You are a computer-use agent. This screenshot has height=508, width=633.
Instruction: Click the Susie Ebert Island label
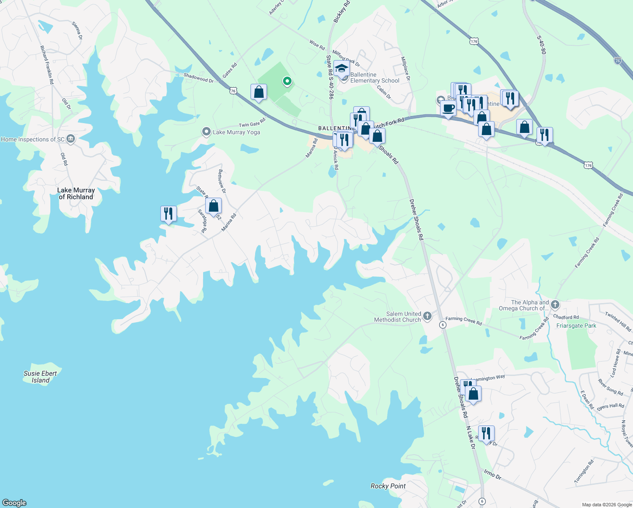pyautogui.click(x=40, y=377)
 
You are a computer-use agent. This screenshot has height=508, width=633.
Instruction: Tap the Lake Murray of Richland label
pyautogui.click(x=76, y=193)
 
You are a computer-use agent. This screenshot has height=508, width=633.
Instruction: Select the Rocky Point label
pyautogui.click(x=388, y=486)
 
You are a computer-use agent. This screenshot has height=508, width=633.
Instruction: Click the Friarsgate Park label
pyautogui.click(x=576, y=326)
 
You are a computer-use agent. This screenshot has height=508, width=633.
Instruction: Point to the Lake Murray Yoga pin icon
pyautogui.click(x=206, y=132)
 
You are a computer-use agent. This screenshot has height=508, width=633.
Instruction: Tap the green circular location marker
pyautogui.click(x=287, y=80)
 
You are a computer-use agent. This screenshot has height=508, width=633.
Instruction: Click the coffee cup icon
pyautogui.click(x=448, y=108)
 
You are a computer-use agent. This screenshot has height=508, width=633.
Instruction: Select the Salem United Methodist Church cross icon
pyautogui.click(x=427, y=315)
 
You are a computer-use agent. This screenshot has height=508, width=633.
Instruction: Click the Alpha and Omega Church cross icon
pyautogui.click(x=555, y=304)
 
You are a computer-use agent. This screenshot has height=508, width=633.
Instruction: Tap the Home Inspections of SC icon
pyautogui.click(x=71, y=139)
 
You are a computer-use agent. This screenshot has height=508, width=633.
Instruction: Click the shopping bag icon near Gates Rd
pyautogui.click(x=259, y=92)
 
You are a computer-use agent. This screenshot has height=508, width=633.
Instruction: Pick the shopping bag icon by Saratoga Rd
pyautogui.click(x=214, y=206)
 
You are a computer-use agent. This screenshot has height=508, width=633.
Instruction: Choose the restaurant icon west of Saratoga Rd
pyautogui.click(x=168, y=214)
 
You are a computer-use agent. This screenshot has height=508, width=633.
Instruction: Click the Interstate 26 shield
pyautogui.click(x=617, y=61)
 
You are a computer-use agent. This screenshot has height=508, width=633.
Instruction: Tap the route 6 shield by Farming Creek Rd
pyautogui.click(x=443, y=325)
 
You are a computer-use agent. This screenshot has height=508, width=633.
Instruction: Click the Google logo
pyautogui.click(x=14, y=502)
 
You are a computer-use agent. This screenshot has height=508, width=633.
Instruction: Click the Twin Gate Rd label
pyautogui.click(x=252, y=123)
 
